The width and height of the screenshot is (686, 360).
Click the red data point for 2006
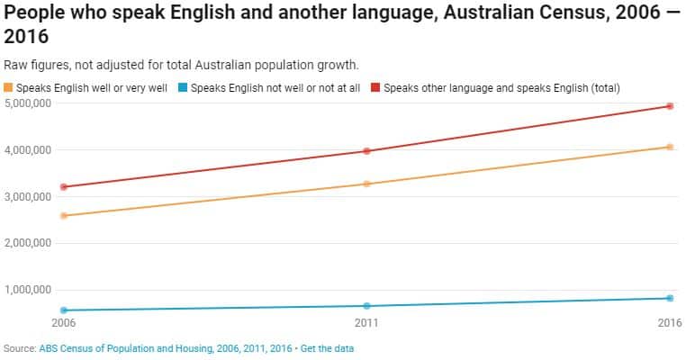(x=64, y=187)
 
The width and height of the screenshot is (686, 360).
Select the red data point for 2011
(x=366, y=151)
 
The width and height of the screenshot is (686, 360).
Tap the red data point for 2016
(x=670, y=106)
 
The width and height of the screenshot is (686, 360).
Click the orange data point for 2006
(x=64, y=216)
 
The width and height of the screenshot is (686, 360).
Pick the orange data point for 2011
(x=366, y=184)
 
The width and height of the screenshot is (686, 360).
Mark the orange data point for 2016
(x=670, y=147)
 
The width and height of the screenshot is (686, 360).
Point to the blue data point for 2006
(x=64, y=310)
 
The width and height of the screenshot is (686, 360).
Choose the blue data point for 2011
(x=366, y=306)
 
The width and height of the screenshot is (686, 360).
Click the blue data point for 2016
(x=670, y=298)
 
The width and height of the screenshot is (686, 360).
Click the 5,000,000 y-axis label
(x=28, y=103)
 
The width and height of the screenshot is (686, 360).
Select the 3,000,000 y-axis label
(x=28, y=196)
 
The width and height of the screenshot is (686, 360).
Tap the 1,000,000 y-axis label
(x=28, y=290)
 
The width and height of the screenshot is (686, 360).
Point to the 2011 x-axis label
(x=366, y=322)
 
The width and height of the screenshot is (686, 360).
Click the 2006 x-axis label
(x=64, y=322)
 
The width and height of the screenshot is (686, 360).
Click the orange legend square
(x=9, y=87)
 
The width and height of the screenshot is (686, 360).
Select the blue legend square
(x=183, y=87)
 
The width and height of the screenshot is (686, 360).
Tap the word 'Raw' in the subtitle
(x=15, y=65)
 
